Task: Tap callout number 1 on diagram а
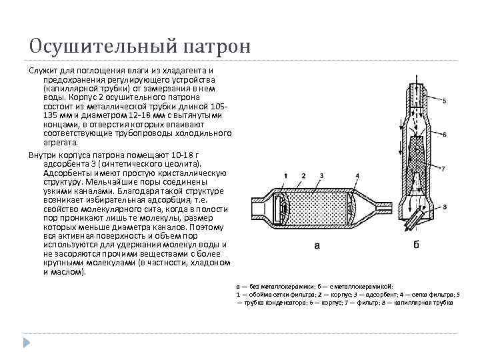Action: [285, 175]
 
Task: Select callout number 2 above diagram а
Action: [303, 175]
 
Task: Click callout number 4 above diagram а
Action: [357, 175]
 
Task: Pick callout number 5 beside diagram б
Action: [445, 101]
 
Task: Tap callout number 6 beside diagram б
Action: [445, 134]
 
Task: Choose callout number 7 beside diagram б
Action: [445, 167]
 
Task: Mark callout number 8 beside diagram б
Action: [445, 208]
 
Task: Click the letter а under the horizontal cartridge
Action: [317, 245]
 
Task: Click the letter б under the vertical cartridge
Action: [417, 245]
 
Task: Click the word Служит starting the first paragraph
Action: [41, 71]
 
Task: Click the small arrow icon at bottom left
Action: [27, 342]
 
